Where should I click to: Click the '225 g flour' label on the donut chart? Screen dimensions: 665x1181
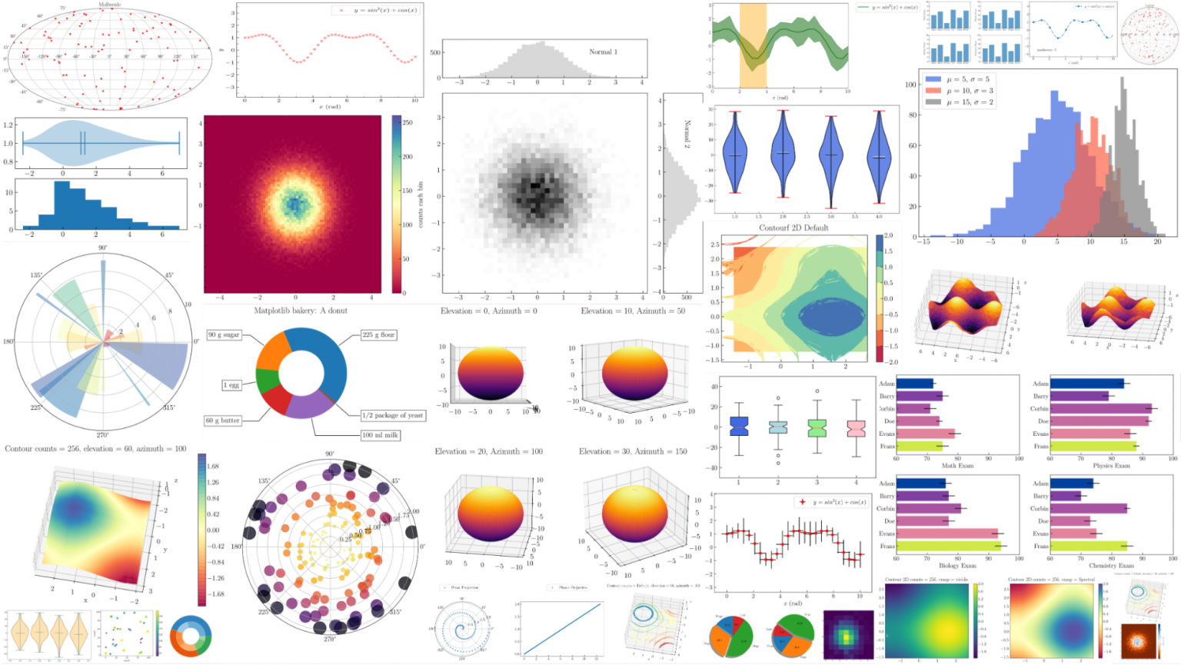378,334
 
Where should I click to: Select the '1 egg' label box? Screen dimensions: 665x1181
231,384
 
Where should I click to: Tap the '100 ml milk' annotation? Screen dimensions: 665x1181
380,435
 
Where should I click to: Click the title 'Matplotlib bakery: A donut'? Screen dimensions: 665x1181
301,311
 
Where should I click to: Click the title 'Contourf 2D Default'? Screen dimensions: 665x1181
793,228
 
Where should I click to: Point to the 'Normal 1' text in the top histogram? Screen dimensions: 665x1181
603,52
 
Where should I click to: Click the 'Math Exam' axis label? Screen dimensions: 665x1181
957,466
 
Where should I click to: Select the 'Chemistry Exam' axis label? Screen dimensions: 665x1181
1111,565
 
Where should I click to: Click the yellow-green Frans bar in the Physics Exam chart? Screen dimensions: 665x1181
1092,446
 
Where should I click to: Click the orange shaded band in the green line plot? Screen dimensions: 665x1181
753,46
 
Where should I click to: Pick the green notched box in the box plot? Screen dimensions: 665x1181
817,427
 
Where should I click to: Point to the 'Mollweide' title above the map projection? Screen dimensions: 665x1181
109,5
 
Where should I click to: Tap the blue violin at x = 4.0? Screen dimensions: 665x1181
879,158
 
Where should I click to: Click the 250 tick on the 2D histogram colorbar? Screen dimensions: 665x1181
408,123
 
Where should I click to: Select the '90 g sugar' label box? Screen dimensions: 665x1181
224,334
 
